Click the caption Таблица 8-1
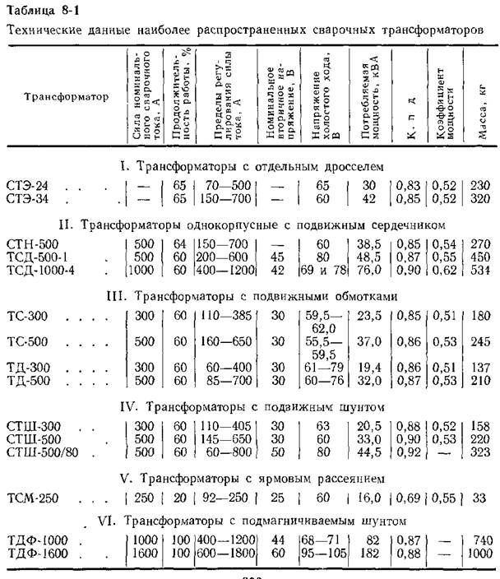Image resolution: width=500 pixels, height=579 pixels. pos(37,11)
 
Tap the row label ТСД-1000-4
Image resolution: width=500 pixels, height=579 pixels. pos(40,270)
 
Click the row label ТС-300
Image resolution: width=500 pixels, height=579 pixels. pos(25,317)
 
